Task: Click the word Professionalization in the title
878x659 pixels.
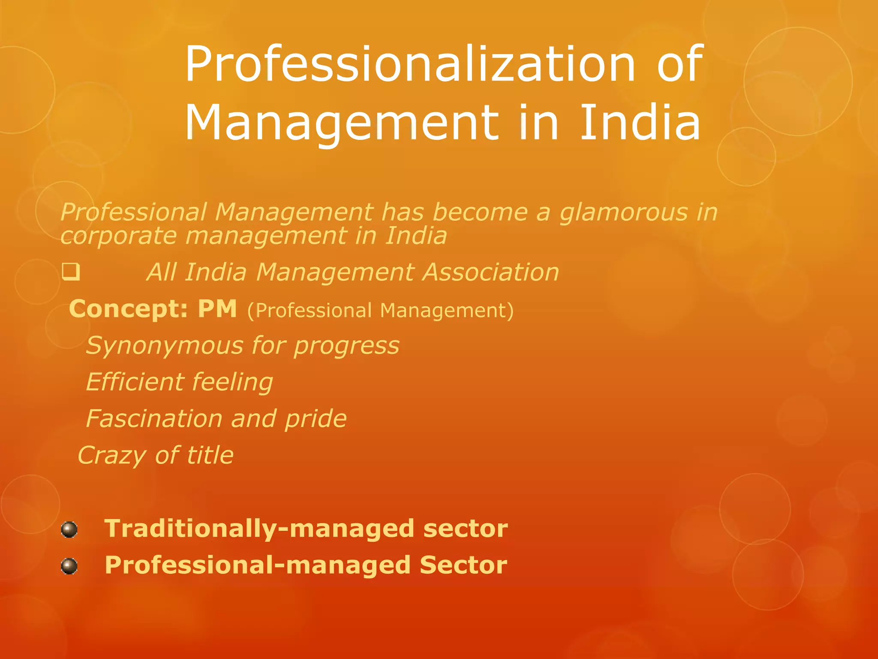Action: pyautogui.click(x=409, y=64)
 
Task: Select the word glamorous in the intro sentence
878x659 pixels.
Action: pyautogui.click(x=623, y=213)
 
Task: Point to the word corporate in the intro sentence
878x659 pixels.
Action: pyautogui.click(x=118, y=236)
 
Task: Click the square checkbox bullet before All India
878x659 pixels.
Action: pyautogui.click(x=71, y=272)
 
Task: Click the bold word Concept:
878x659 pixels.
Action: pyautogui.click(x=128, y=309)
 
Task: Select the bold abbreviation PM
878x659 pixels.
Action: pyautogui.click(x=217, y=309)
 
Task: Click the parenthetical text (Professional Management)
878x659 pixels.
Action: pyautogui.click(x=380, y=310)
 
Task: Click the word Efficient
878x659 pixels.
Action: pyautogui.click(x=135, y=382)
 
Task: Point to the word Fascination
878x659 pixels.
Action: pyautogui.click(x=154, y=418)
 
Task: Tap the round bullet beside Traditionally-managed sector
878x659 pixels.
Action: pyautogui.click(x=69, y=529)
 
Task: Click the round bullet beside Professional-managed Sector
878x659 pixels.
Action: pyautogui.click(x=69, y=566)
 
